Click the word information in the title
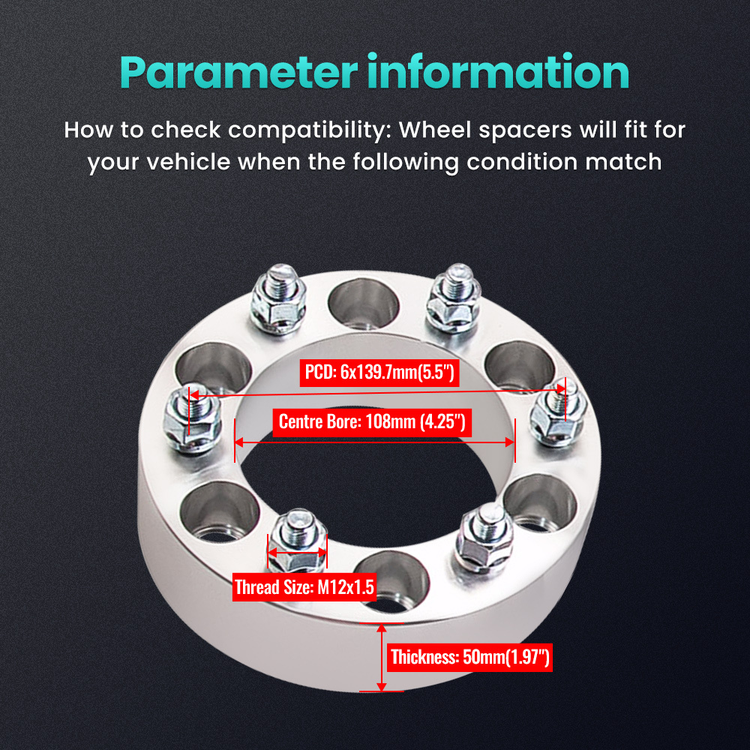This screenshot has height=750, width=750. (498, 73)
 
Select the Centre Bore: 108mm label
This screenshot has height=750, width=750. (373, 421)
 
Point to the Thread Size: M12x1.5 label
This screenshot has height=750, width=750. (304, 586)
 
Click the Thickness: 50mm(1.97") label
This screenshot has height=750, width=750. (470, 658)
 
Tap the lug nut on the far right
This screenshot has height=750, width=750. (556, 416)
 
